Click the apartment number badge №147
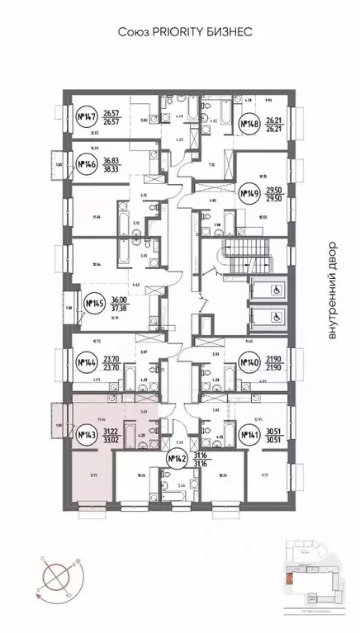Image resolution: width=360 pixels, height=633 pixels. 86,117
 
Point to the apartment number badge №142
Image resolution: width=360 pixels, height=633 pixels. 175,460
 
